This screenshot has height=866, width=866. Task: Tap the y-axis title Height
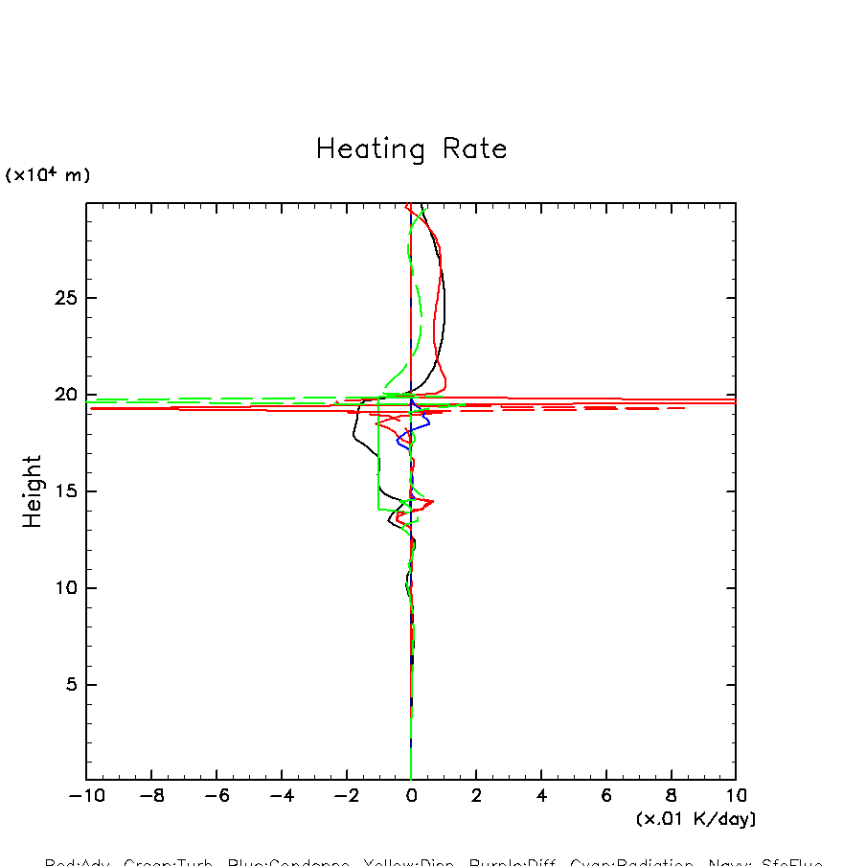click(33, 491)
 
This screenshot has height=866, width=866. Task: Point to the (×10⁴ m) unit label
click(48, 175)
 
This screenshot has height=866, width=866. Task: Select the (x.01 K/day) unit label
click(695, 819)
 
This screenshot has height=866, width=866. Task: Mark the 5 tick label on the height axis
click(68, 685)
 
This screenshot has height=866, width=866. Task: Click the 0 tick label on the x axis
click(411, 796)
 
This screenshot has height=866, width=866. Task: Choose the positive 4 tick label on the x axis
click(541, 796)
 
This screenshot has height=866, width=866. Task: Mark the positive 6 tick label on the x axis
click(606, 796)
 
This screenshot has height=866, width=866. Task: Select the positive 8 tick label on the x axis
click(671, 796)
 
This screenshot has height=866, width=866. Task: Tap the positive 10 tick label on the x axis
click(736, 796)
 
